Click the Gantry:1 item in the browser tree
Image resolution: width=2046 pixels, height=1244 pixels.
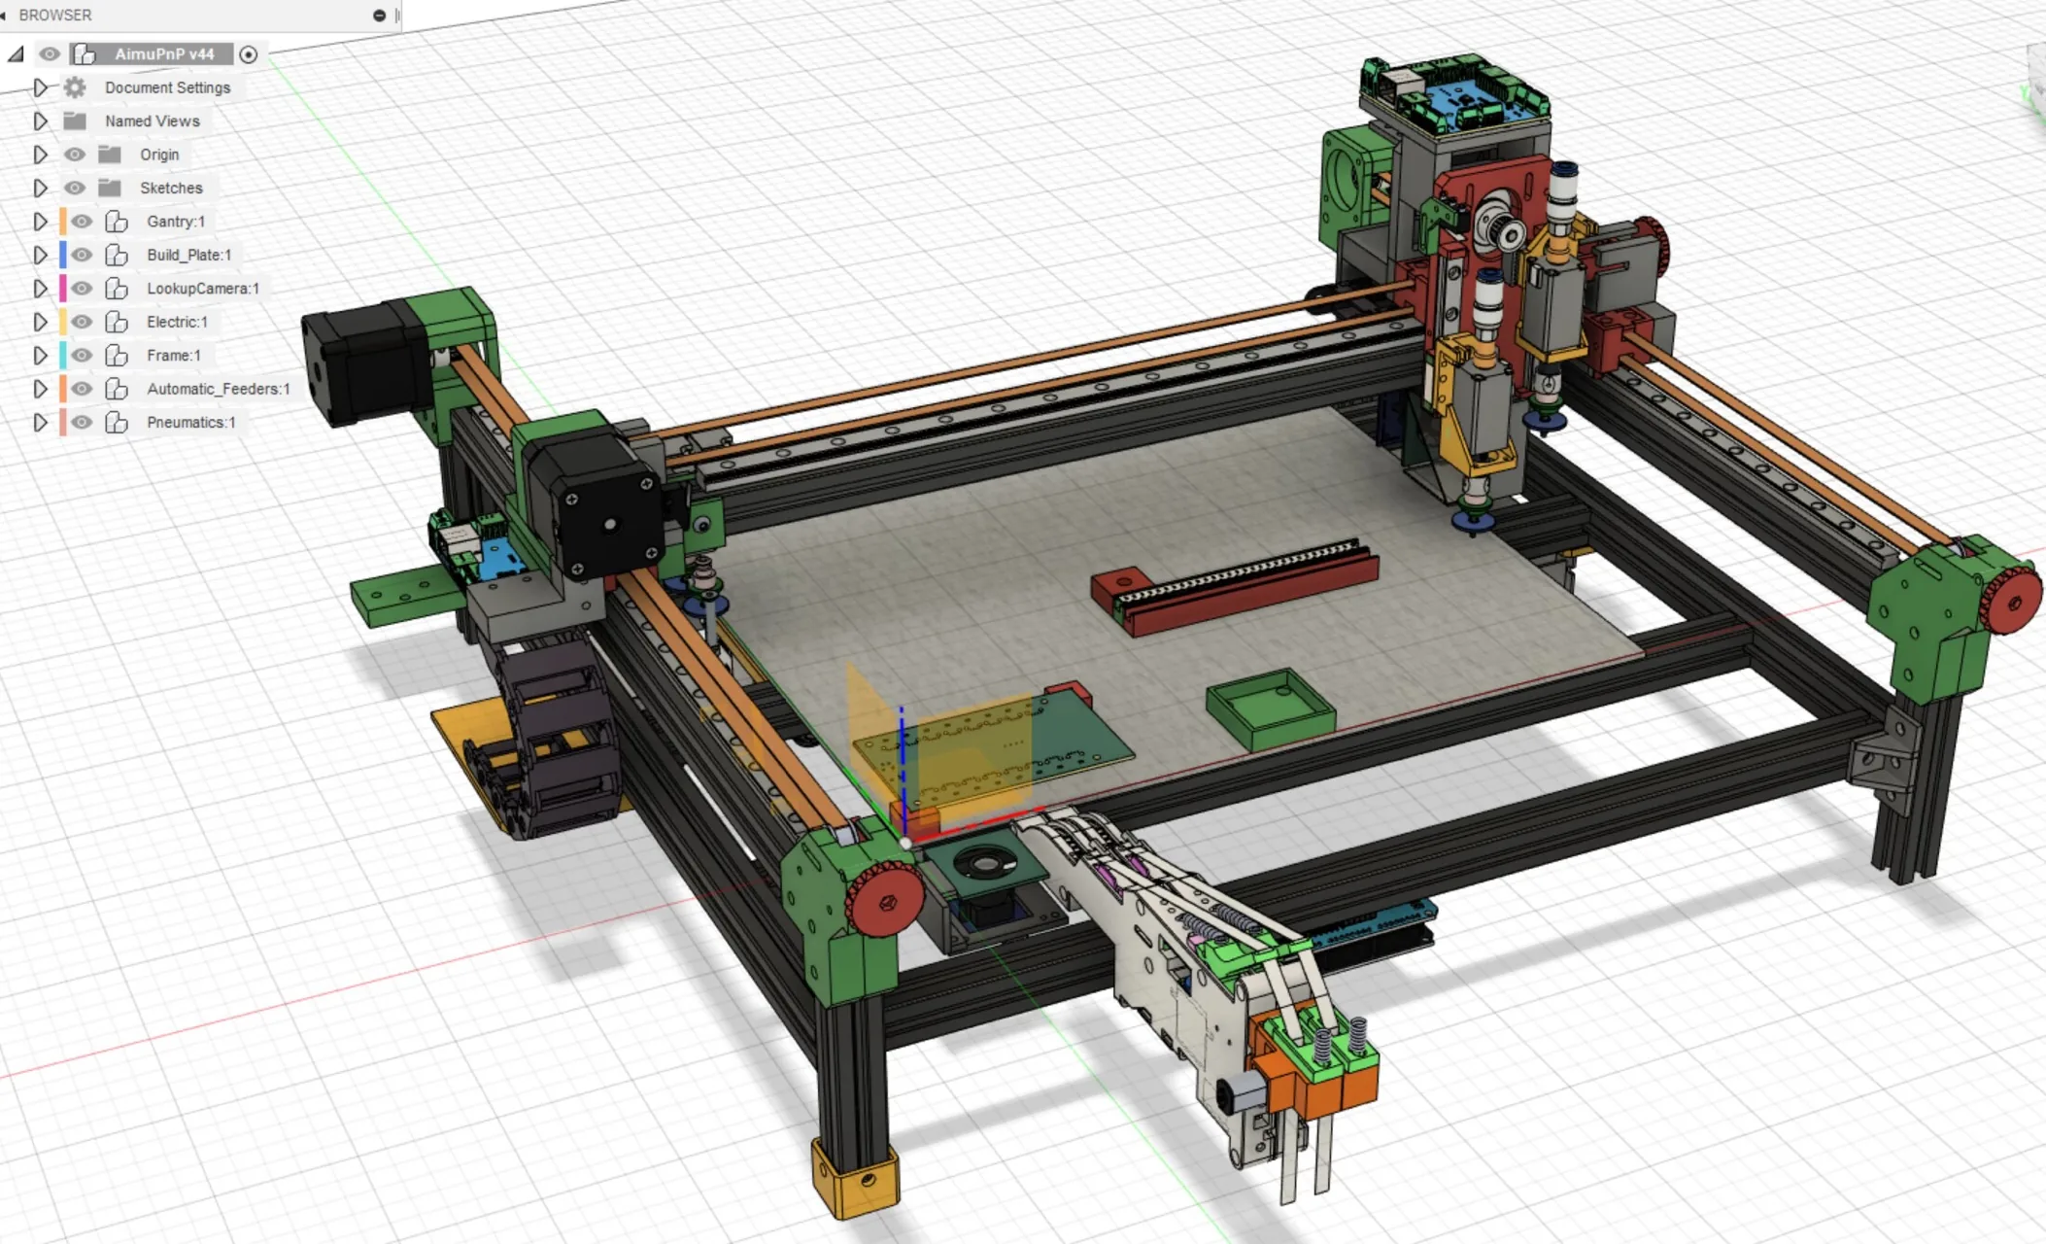tap(176, 222)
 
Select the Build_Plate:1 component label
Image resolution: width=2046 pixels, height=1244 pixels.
tap(189, 255)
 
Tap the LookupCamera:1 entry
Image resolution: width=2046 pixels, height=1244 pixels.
tap(203, 289)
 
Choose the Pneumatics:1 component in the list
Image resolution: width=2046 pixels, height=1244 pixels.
tap(191, 422)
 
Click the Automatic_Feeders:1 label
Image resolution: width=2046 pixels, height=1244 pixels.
tap(219, 389)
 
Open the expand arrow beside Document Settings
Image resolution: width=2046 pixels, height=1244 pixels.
tap(40, 87)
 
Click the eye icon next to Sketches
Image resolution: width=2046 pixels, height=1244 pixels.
tap(75, 188)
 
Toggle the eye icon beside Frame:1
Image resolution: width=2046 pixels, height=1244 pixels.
tap(82, 356)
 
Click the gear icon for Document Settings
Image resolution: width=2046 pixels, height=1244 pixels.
tap(75, 87)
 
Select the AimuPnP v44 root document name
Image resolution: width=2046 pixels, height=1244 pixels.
tap(164, 54)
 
